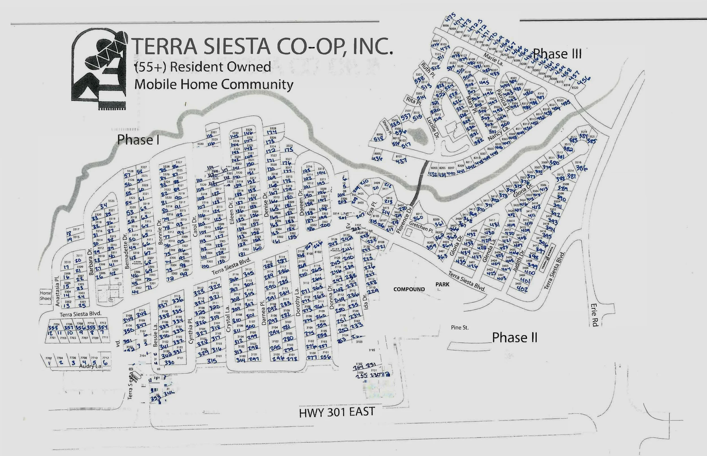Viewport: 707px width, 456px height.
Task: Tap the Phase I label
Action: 138,140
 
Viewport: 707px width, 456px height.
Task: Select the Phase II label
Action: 515,337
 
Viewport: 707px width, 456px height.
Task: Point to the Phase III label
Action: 557,54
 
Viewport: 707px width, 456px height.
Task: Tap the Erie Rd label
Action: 594,315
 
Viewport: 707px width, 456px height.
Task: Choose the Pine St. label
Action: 460,328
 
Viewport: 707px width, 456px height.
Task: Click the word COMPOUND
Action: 409,289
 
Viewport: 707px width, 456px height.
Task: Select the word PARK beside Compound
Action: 442,284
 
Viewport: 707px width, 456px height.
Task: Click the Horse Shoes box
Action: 45,296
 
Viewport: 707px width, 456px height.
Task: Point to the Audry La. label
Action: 91,366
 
